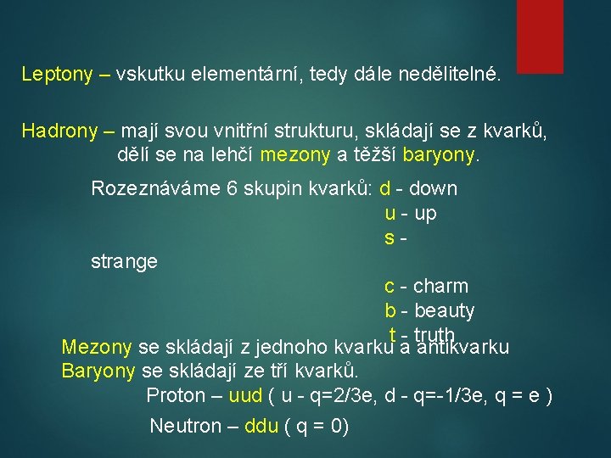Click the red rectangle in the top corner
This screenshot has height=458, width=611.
click(x=540, y=36)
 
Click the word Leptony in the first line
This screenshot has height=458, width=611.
click(x=57, y=75)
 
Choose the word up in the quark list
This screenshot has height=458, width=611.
click(x=425, y=213)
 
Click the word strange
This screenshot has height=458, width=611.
click(x=124, y=261)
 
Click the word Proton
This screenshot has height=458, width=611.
click(x=176, y=395)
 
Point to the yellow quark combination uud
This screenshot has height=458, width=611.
click(x=246, y=395)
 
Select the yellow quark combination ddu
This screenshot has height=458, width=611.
click(x=261, y=426)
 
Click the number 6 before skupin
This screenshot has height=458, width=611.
click(x=233, y=188)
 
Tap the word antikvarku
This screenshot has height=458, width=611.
click(x=463, y=347)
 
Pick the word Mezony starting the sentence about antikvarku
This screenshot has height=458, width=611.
click(x=97, y=347)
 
